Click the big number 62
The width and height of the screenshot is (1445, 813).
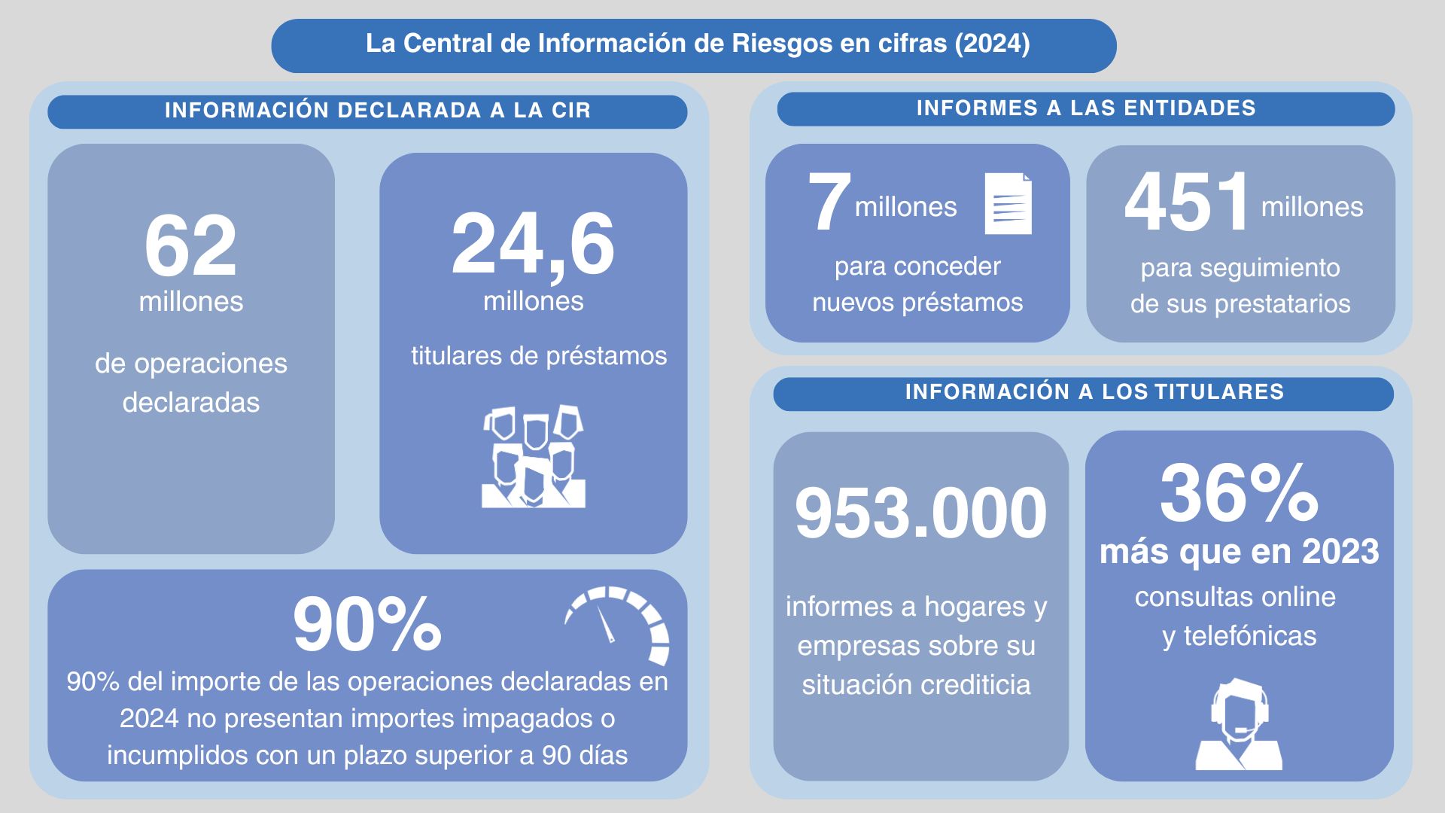coord(190,246)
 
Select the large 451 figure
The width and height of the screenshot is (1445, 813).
coord(1186,202)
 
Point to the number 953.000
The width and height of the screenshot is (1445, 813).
coord(920,513)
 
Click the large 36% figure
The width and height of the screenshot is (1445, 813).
coord(1239,494)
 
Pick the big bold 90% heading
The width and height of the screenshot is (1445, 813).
coord(367,624)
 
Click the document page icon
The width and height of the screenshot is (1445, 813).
coord(1008,203)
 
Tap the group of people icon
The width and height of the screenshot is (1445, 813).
coord(534,457)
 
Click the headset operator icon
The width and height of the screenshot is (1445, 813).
coord(1239,724)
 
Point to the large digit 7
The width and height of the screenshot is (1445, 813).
coord(829,202)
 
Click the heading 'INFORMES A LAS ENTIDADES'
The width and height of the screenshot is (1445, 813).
coord(1086,108)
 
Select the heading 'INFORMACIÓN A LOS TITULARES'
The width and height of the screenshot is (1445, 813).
coord(1094,392)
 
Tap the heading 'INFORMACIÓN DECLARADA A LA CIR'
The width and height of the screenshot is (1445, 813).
coord(378,111)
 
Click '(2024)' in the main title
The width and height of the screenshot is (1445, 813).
coord(992,44)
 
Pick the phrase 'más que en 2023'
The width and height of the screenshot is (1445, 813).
coord(1239,552)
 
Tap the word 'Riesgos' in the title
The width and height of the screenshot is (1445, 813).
coord(782,44)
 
